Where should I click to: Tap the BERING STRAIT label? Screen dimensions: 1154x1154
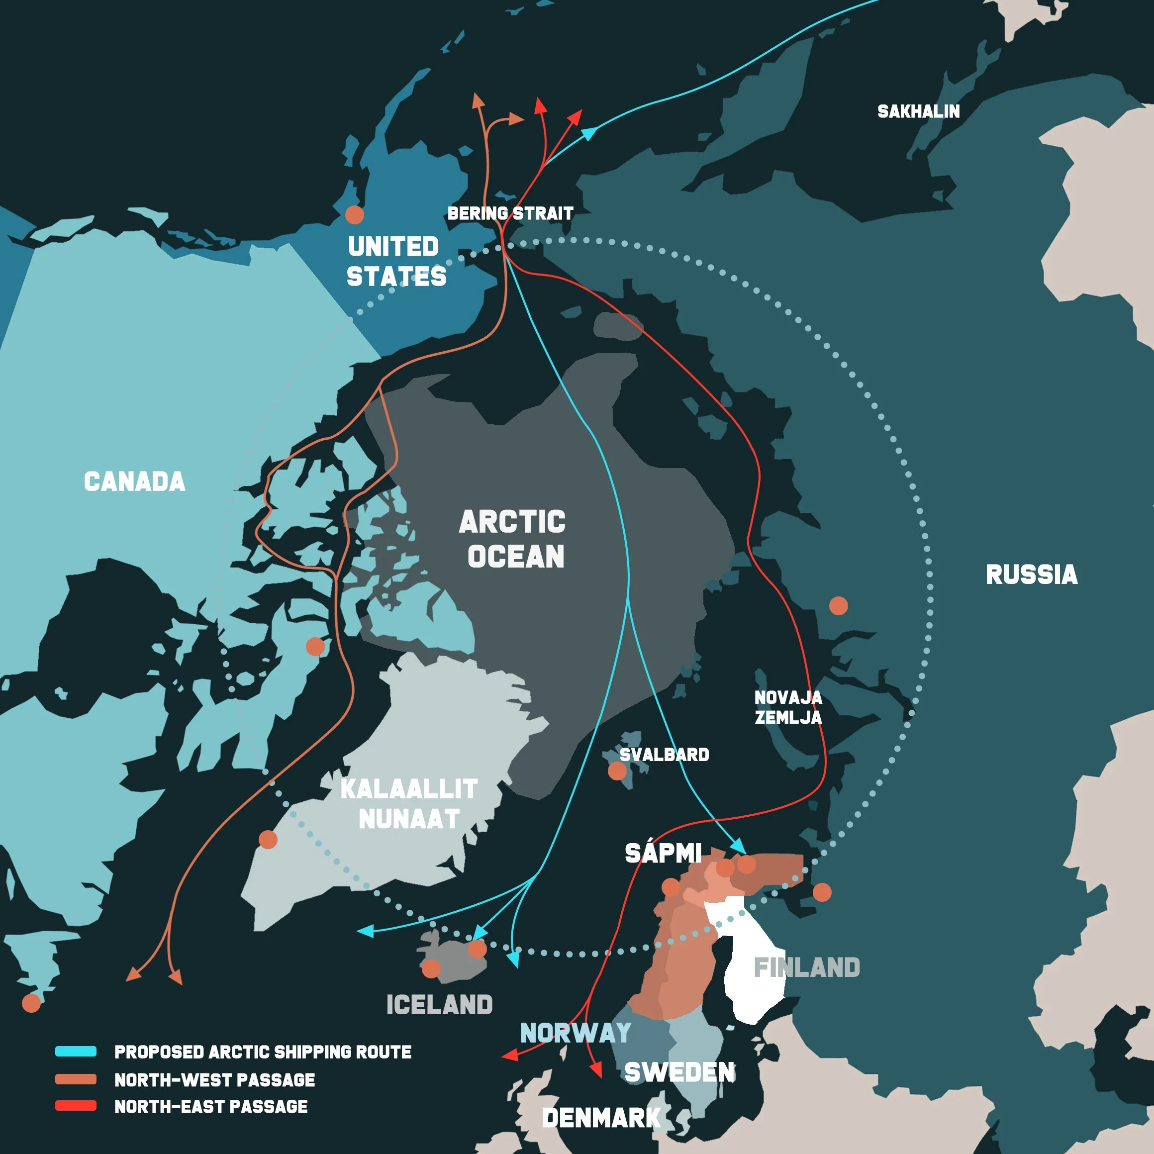coord(510,213)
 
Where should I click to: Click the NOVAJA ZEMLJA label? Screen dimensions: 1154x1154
coord(788,707)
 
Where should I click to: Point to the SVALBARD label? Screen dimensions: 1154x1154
coord(664,755)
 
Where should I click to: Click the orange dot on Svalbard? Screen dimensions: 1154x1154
coord(617,771)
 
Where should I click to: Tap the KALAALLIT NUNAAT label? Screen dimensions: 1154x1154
coord(409,804)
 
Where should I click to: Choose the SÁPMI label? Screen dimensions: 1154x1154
coord(663,853)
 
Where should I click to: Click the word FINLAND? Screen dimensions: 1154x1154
coord(806,967)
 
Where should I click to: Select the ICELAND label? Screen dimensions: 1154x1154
coord(440,1005)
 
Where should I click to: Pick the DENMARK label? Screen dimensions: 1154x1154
coord(601,1118)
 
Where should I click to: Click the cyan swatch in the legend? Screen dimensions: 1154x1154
coord(76,1052)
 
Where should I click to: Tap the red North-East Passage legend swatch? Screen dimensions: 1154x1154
coord(76,1106)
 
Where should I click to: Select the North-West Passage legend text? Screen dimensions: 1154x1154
coord(214,1080)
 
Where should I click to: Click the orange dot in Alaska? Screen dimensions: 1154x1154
coord(355,214)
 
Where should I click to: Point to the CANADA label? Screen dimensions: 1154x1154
coord(134,481)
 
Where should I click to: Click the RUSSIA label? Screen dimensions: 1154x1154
coord(1032,575)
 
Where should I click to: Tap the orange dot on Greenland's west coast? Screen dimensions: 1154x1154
coord(268,839)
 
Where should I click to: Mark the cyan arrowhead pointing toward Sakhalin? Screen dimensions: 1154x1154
coord(589,133)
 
